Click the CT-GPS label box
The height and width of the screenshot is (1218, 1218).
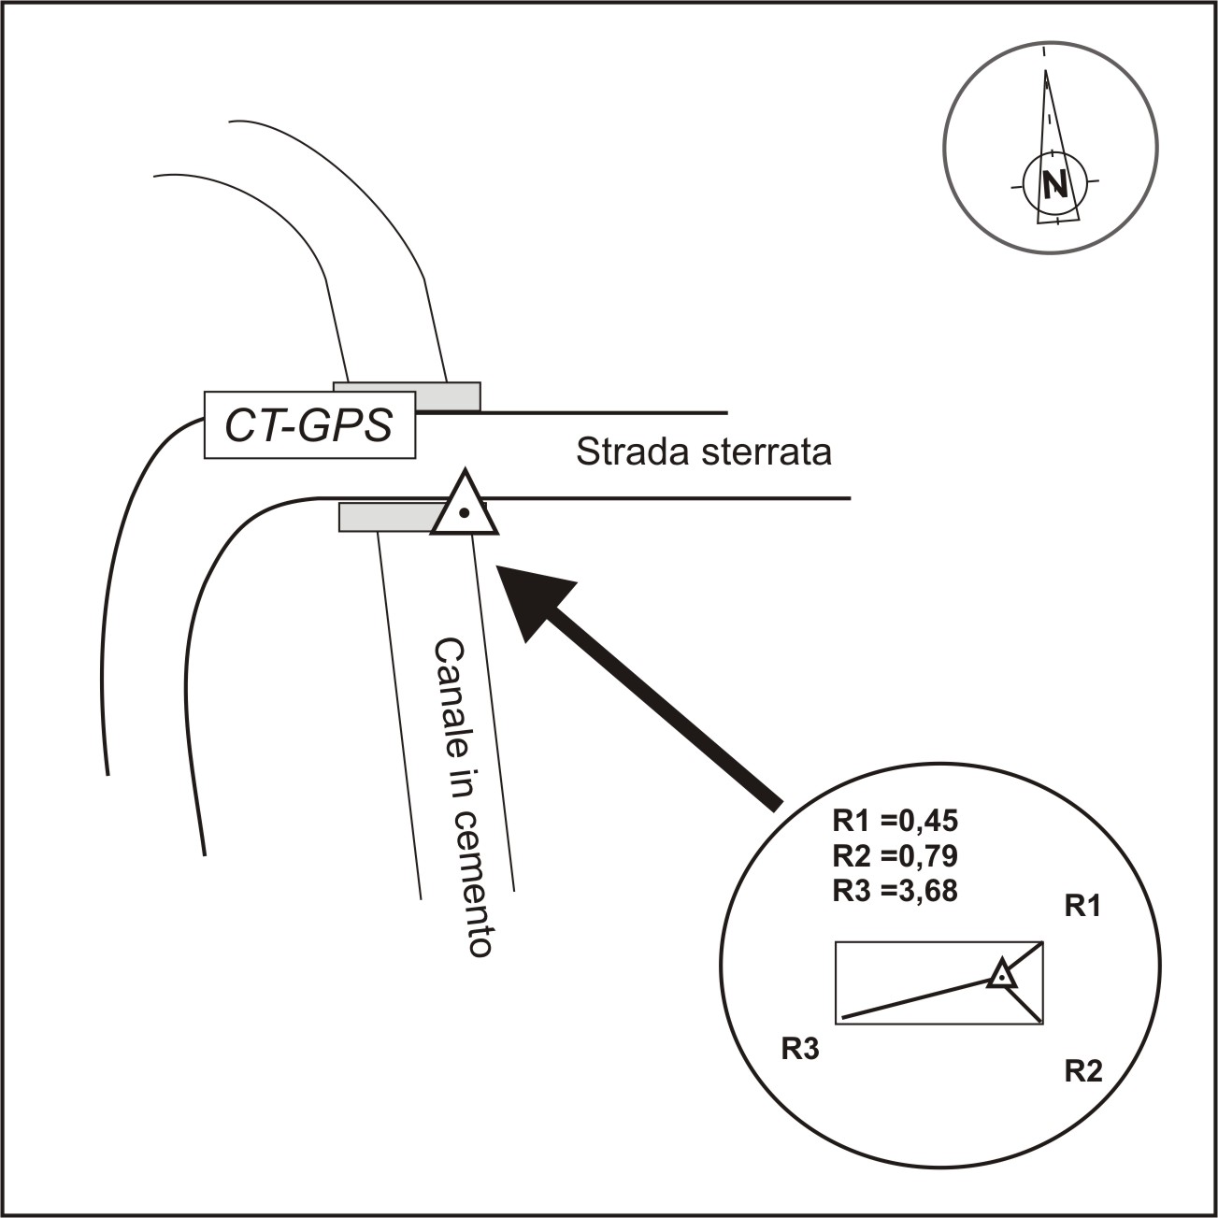309,426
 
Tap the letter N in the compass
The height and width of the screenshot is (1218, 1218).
1055,183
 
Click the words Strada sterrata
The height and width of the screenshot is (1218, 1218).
703,452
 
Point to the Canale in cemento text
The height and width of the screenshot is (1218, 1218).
462,797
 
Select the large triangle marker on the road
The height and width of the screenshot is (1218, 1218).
465,507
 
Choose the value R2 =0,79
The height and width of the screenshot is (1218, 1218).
896,855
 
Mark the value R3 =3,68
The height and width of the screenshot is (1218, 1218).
896,890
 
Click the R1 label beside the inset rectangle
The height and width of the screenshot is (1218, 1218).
1083,906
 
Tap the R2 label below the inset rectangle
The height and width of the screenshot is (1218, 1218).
1083,1070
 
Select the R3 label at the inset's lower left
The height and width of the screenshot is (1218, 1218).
800,1049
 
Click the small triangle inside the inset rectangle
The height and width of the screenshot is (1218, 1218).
1002,975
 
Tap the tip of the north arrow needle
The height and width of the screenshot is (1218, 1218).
1045,71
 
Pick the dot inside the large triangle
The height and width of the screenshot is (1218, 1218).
465,512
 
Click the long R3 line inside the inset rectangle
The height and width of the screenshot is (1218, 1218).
916,997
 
